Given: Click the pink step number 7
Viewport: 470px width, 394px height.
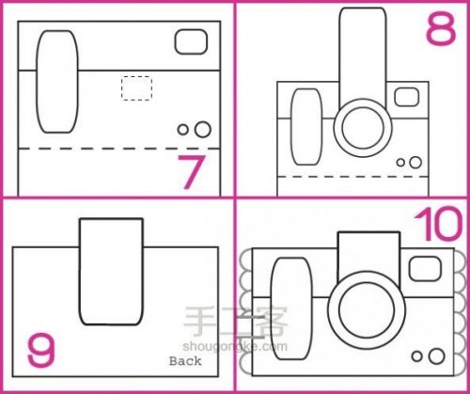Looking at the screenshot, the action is pos(192,172).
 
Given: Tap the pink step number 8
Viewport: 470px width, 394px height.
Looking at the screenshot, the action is pos(441,29).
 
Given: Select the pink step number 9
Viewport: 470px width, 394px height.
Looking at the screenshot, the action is pos(41,350).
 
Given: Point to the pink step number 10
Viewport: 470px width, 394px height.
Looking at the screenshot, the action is pos(439,225).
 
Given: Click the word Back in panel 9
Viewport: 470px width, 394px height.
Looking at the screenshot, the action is pos(185,361).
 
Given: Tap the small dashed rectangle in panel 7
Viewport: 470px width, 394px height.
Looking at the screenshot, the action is pos(136,88).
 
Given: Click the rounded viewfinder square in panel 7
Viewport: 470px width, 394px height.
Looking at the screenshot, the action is pos(191,41).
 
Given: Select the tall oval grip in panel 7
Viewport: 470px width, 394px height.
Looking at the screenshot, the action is pos(57,82).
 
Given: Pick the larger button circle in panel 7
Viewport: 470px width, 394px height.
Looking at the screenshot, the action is pos(203,130).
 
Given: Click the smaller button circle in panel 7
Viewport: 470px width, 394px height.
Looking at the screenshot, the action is pos(182,130).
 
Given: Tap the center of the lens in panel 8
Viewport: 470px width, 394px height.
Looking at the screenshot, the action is pos(363,128).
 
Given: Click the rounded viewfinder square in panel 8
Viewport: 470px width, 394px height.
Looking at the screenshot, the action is pos(407,97).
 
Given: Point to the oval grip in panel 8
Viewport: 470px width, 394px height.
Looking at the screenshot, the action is pos(306,127).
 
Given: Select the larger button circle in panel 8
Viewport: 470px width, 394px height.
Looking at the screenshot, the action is pos(415,163).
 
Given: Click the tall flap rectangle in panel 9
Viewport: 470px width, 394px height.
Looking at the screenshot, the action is pos(111,272).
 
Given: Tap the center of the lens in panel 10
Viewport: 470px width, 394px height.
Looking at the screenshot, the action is pos(367,310).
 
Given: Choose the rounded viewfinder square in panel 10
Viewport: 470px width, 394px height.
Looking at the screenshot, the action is pos(425,269).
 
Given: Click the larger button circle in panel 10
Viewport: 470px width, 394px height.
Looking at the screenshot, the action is pos(436,356).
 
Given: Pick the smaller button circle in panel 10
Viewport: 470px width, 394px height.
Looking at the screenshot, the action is pos(416,356).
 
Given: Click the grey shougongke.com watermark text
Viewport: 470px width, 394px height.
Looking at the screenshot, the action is pos(235,346).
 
